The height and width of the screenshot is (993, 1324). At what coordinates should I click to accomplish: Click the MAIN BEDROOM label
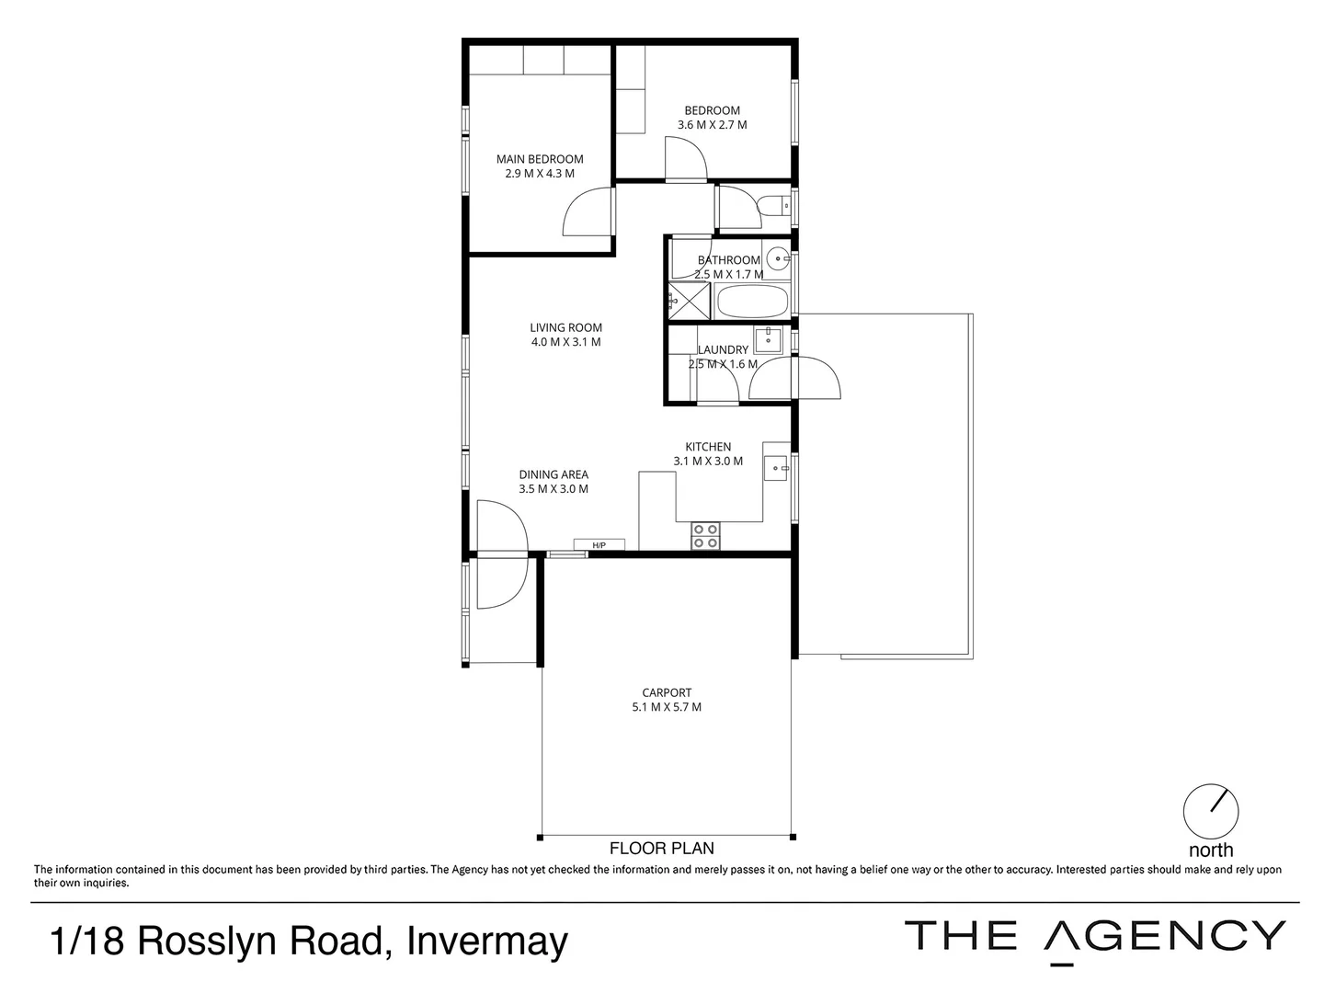coord(540,159)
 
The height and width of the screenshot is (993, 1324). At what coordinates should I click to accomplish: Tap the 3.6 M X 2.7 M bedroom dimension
coord(712,125)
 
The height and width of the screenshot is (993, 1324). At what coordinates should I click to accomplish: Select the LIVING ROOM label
coord(565,327)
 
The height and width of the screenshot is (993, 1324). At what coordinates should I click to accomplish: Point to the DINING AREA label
coord(553,474)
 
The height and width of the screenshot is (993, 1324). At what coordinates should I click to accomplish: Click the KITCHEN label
coord(708,447)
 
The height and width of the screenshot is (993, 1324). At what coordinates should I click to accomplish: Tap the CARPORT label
coord(667,692)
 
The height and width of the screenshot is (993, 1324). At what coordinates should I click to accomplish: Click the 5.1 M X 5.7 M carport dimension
coord(667,707)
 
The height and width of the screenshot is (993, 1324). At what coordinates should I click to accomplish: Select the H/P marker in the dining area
coord(599,545)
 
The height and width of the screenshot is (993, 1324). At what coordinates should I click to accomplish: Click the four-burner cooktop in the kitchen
coord(705,536)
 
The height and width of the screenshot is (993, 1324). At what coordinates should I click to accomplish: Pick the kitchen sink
coord(777,468)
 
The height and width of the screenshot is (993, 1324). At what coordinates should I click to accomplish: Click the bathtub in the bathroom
coord(751,302)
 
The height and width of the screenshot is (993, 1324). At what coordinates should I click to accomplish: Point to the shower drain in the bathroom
coord(680,298)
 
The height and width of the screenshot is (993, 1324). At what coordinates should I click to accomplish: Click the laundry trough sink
coord(768,339)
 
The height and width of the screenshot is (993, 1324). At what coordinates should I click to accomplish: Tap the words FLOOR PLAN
coord(662,848)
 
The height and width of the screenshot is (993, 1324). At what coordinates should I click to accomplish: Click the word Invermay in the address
coord(487,942)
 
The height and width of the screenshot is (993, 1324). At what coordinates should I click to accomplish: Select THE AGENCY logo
coord(1095,937)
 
